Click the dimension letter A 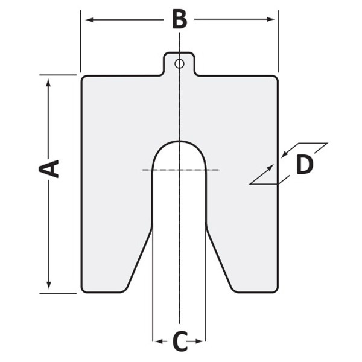coord(49,168)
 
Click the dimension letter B coord(179,19)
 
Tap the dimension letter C coord(179,342)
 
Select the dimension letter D coord(304,164)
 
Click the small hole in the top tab coord(179,63)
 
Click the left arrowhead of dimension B coord(88,20)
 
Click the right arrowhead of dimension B coord(271,20)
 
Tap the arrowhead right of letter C coord(202,342)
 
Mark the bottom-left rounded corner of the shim coord(84,289)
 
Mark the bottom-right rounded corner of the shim coord(275,289)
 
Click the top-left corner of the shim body coord(84,78)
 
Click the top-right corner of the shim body coord(275,78)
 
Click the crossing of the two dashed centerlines coord(179,170)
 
